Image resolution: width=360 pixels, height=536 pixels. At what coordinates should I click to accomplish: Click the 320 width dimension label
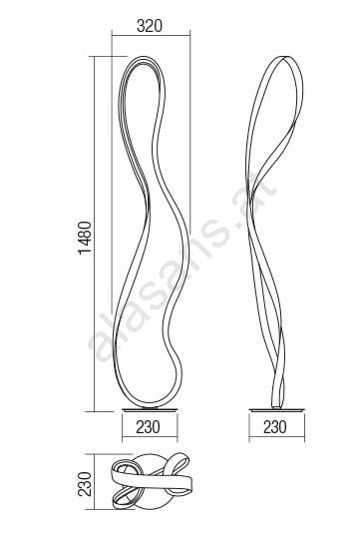coord(150,26)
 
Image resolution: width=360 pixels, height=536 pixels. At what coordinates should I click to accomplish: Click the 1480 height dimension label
coord(85,238)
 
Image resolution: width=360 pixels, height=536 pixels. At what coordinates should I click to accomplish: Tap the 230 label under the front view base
coord(148,427)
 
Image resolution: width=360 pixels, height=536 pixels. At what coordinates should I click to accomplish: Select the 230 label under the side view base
coord(275,427)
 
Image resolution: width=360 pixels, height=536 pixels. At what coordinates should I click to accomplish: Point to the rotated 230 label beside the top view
coord(85,484)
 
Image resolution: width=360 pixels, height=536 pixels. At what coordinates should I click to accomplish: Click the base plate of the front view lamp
coord(150,409)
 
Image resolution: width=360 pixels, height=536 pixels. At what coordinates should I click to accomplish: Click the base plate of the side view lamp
coord(276,409)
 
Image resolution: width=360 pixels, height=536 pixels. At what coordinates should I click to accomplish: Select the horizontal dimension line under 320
coord(151,35)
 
